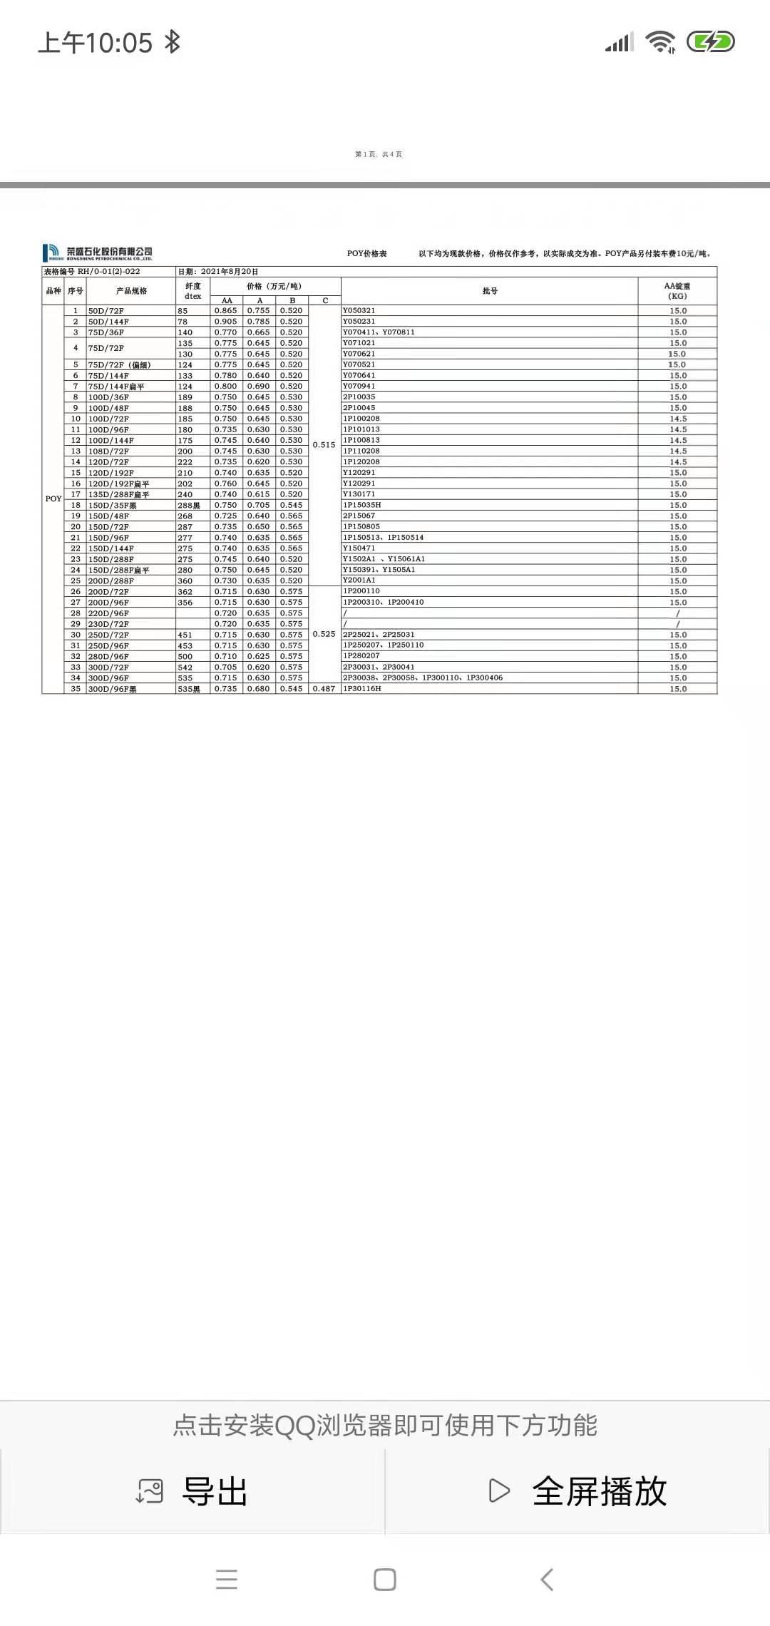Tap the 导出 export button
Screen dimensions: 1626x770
192,1491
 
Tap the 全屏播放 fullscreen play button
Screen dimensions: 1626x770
577,1491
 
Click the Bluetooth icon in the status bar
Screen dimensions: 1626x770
172,42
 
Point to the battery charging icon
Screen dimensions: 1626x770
710,42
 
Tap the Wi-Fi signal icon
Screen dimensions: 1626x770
660,42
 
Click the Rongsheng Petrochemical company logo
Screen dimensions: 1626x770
98,252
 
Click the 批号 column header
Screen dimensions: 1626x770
490,291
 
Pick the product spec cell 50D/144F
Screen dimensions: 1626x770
108,322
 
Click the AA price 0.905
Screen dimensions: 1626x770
225,322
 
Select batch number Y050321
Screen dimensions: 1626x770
359,311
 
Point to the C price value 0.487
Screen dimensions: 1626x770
324,689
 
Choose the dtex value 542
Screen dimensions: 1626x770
185,668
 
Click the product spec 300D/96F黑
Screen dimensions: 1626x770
112,690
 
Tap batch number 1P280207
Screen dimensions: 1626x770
361,656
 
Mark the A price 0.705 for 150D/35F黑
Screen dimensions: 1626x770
258,505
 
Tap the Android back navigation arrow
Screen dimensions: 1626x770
547,1580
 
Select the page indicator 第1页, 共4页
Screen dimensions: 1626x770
379,154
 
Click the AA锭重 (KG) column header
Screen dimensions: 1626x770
677,291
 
